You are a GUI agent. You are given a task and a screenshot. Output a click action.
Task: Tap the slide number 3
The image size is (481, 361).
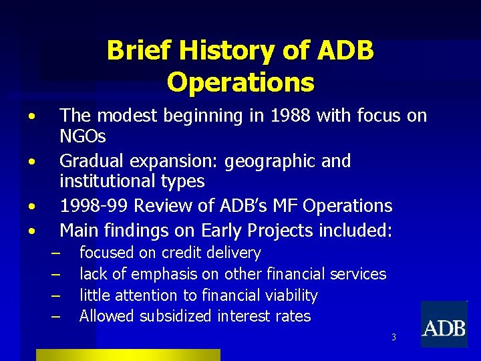point(393,337)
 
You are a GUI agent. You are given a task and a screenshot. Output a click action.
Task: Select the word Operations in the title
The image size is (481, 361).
point(240,82)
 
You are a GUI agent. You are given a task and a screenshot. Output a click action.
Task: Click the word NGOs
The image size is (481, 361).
point(83,137)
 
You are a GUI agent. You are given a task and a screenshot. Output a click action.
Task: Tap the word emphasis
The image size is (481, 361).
point(164,274)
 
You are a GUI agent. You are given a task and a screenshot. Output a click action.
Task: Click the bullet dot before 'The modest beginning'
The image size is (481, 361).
point(31,117)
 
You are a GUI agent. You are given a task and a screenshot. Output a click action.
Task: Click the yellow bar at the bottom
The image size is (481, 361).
point(128,355)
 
